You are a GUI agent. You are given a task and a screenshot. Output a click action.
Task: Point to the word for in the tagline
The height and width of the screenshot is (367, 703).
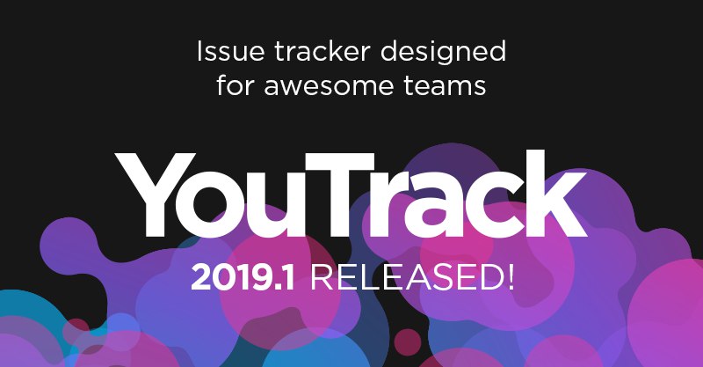[x=236, y=84]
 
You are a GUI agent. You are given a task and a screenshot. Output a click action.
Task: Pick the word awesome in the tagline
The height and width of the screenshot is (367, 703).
[x=329, y=86]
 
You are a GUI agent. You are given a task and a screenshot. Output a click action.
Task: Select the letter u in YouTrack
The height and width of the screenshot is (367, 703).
[x=281, y=208]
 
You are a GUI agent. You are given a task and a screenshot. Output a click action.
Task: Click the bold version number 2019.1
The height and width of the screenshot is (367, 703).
[x=243, y=278]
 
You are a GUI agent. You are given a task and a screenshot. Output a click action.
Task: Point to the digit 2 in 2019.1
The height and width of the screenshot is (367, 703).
[x=201, y=278]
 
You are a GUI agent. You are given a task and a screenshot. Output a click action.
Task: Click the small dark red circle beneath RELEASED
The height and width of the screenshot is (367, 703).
[x=408, y=341]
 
